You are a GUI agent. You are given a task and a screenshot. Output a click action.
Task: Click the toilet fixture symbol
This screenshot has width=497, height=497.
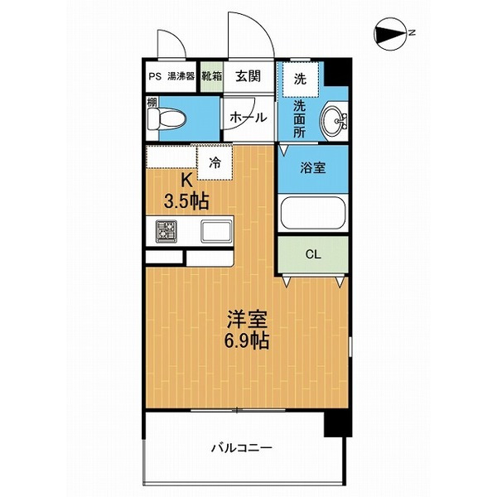point(166,119)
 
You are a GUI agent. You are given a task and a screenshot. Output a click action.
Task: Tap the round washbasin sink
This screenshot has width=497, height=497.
point(335,121)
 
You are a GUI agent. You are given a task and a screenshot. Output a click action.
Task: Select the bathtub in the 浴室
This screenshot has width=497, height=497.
point(312,214)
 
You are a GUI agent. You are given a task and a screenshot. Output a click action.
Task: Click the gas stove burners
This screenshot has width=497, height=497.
point(166,232)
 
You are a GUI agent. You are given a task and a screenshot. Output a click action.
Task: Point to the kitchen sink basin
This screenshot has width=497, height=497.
point(216,231)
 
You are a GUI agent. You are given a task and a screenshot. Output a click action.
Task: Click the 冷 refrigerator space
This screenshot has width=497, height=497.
point(215,163)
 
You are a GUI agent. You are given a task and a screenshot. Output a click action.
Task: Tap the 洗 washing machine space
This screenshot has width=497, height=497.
point(301,79)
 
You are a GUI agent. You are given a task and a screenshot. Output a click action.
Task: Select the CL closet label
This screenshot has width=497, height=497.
point(313,254)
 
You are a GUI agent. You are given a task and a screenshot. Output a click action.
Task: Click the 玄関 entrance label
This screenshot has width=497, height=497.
point(248,76)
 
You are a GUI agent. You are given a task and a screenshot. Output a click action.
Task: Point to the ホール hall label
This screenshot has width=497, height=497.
point(248,118)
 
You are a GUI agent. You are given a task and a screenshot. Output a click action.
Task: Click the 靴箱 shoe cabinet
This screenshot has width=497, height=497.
point(212,76)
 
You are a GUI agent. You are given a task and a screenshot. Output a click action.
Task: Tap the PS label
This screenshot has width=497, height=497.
point(156,77)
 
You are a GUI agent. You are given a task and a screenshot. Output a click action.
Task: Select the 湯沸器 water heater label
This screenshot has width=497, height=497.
point(181,76)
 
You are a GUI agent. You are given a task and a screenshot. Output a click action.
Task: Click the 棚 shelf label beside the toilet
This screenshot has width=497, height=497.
point(152,103)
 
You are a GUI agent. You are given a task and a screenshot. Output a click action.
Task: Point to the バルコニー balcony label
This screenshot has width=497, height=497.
point(242,448)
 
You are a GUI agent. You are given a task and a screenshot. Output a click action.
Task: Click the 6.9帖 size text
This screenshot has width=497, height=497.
point(247,340)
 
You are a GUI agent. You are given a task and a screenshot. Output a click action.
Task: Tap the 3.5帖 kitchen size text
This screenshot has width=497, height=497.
point(186,200)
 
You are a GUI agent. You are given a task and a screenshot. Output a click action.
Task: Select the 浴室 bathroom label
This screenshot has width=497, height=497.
point(313,168)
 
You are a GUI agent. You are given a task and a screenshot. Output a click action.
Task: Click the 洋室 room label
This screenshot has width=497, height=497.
point(247,320)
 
